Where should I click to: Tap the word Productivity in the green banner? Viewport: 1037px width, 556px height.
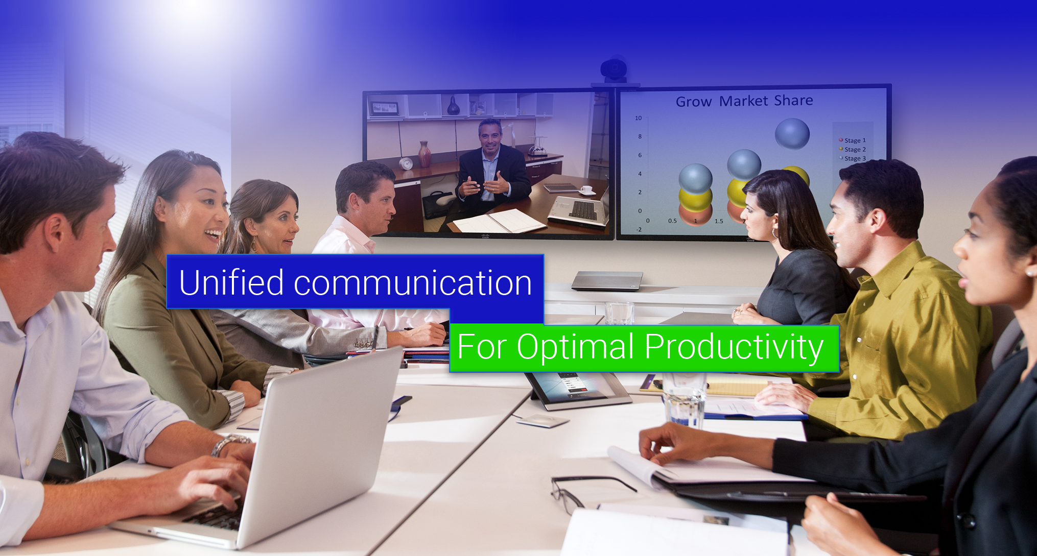(x=734, y=347)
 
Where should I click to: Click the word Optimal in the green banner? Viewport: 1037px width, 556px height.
(x=576, y=347)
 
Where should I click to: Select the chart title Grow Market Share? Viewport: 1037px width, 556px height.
(x=744, y=101)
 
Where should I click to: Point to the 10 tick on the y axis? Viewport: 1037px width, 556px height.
(x=638, y=118)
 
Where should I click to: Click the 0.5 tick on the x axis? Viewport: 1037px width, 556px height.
(x=672, y=221)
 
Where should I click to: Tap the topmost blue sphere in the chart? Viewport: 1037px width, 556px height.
(x=792, y=133)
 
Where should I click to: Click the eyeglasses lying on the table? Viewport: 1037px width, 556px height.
(x=582, y=490)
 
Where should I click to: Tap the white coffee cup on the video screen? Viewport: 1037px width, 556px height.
(x=586, y=190)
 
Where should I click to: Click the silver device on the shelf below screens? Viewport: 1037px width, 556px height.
(x=607, y=280)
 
